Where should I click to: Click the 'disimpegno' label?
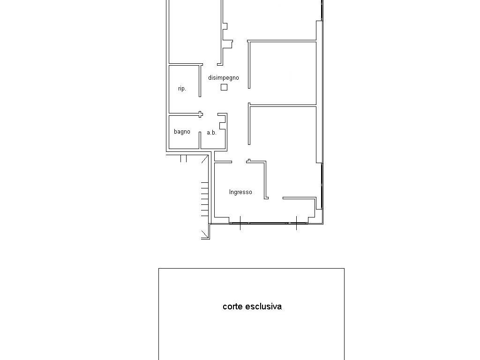coord(224,78)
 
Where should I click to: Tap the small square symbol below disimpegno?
coord(224,87)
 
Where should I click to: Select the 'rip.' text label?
coord(182,89)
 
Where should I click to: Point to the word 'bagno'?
coord(182,132)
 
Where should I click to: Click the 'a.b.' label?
coord(211,133)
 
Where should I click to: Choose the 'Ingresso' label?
coord(240,192)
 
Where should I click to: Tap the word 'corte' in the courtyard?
coord(233,307)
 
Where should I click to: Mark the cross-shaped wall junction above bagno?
coord(200,114)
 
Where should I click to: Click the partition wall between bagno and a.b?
coord(200,140)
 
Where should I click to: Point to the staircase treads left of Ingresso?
coord(205,199)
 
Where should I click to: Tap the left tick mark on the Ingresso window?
coord(240,223)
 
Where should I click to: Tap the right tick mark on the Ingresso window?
coord(296,223)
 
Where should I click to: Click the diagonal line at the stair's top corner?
coord(205,159)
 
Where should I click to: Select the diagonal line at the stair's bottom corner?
coord(205,235)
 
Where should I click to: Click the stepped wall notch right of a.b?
coord(223,121)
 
